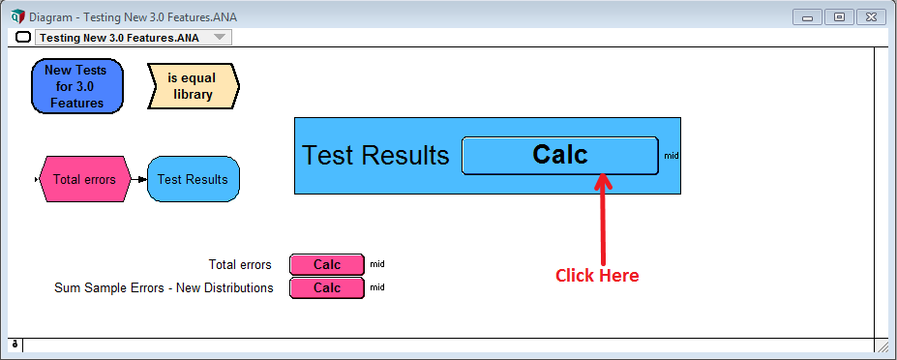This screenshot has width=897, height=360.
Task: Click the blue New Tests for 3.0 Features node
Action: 77,86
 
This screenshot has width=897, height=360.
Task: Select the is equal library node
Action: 194,86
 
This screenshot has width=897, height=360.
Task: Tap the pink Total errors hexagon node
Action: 84,179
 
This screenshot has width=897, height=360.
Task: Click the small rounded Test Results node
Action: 194,179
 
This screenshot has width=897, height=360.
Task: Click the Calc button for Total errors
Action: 327,264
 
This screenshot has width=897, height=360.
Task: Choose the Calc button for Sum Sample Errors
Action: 327,287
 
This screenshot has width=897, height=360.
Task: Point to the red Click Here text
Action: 597,275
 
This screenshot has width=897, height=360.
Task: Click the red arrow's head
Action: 603,180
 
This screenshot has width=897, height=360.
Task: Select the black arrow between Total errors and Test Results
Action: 139,179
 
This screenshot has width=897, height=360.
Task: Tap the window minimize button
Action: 808,17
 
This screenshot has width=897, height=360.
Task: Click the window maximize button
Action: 839,17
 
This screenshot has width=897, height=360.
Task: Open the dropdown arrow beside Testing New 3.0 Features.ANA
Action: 220,38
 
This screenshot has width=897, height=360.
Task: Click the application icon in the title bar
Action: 17,16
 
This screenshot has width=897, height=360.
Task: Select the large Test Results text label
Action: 375,155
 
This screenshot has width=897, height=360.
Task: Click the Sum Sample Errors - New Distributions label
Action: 164,287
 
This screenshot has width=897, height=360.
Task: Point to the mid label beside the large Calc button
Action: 672,155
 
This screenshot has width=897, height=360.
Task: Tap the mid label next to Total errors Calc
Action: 377,264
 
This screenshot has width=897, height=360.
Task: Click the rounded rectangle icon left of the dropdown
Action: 23,38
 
